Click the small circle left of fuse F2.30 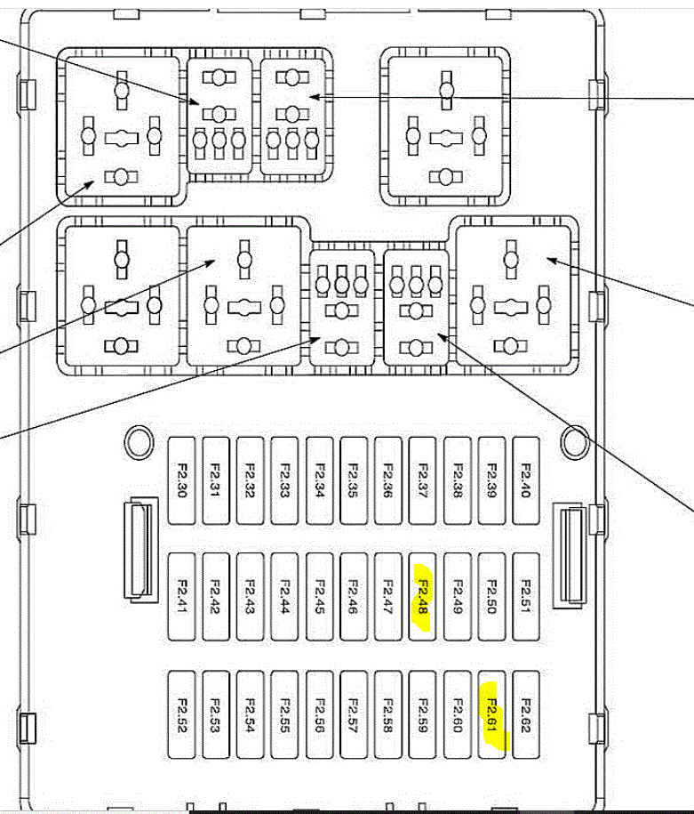tap(139, 439)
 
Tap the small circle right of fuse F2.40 tap(575, 439)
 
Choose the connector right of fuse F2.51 tap(569, 555)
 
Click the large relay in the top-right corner tap(443, 125)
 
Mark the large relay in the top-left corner tap(121, 125)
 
